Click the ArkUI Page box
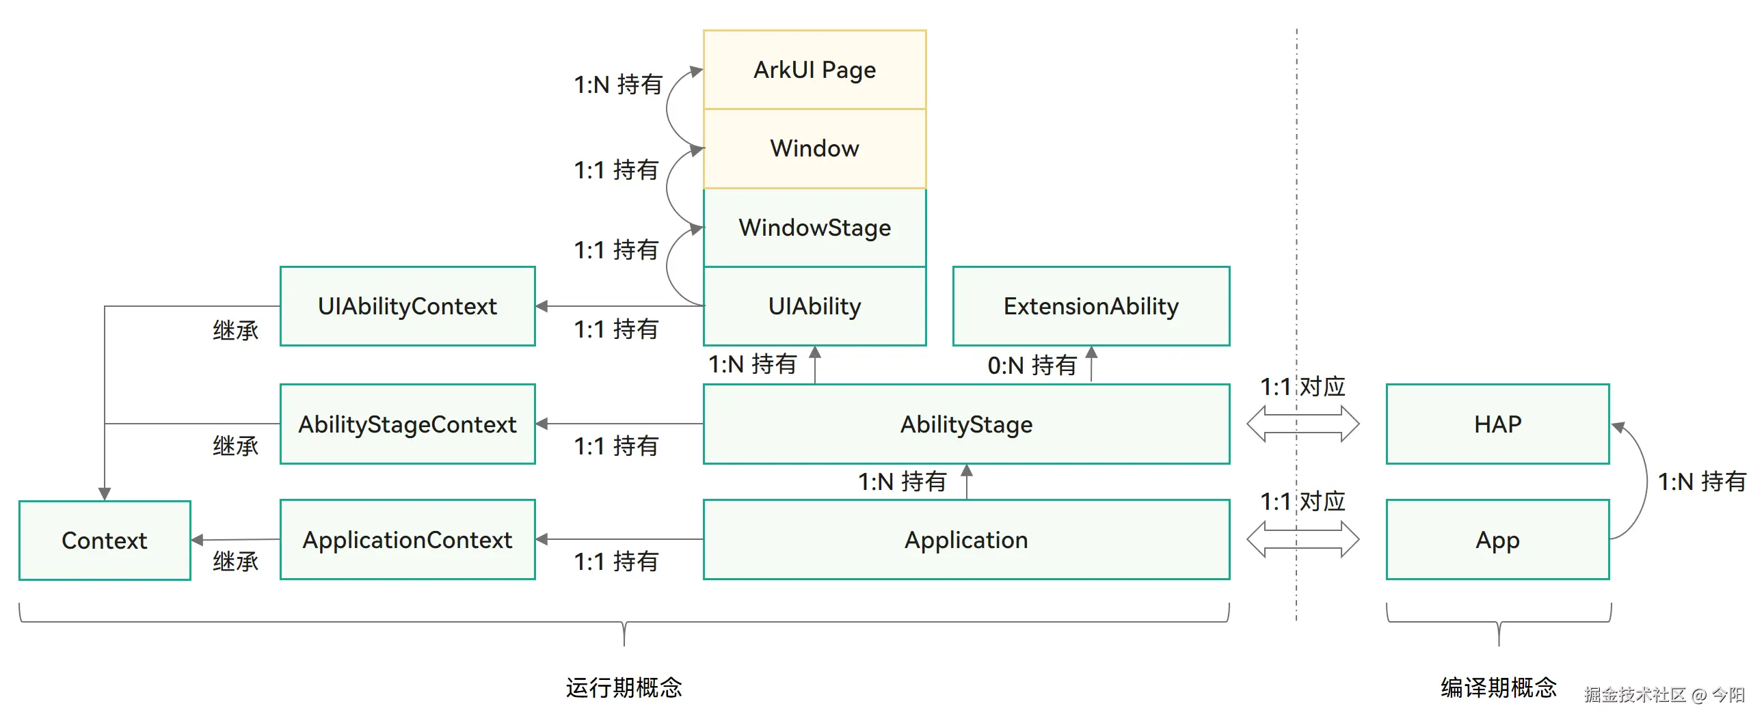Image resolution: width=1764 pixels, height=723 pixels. pos(814,69)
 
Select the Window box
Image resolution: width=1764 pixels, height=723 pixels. pos(814,148)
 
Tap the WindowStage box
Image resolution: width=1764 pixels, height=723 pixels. pos(814,228)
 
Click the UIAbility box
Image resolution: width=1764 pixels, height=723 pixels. pos(814,306)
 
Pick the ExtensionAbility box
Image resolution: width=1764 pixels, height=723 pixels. pos(1090,306)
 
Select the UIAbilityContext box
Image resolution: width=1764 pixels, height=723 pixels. pos(407,306)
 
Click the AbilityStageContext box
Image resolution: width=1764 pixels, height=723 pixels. pos(407,424)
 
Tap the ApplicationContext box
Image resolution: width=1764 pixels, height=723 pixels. pos(407,539)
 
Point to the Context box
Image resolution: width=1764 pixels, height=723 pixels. pos(104,540)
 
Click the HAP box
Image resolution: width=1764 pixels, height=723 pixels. pos(1497,424)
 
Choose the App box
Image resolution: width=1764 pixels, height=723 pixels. pos(1497,539)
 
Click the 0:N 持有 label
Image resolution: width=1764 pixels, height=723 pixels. pos(1031,365)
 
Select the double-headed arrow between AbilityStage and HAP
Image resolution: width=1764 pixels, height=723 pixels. pos(1302,424)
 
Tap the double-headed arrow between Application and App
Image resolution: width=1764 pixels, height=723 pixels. pos(1302,539)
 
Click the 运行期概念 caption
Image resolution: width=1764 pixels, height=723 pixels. pos(624,687)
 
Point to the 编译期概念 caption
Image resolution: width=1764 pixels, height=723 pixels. pos(1498,687)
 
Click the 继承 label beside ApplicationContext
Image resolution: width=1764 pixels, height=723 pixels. pos(235,562)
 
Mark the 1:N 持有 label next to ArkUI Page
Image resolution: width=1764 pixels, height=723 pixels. pos(617,85)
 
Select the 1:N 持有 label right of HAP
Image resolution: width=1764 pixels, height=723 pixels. pos(1701,481)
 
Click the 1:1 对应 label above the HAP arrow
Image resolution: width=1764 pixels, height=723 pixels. pos(1302,387)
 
